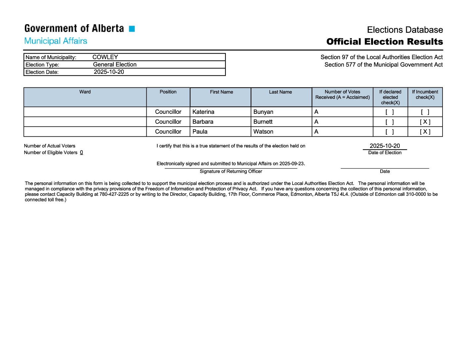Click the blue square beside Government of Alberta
click(132, 29)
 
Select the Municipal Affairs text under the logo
click(56, 41)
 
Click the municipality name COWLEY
click(105, 57)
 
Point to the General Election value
click(115, 65)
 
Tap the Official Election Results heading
click(384, 42)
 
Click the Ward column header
click(85, 92)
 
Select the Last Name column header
click(280, 92)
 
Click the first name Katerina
click(203, 112)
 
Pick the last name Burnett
click(263, 122)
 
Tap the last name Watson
click(263, 132)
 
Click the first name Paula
click(200, 132)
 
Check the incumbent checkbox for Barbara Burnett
click(425, 122)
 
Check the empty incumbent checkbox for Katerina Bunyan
click(425, 112)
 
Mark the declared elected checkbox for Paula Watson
click(390, 132)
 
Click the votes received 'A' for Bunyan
click(316, 112)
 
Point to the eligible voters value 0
click(81, 153)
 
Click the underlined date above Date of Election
click(385, 146)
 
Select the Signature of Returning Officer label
click(231, 171)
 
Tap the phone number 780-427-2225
click(114, 194)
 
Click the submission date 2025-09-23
click(291, 163)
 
